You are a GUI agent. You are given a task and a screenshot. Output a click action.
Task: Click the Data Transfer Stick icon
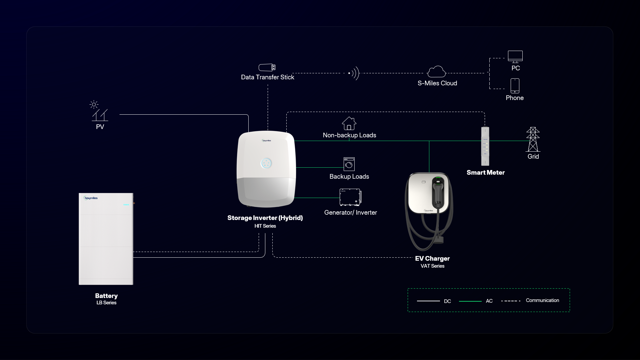(267, 68)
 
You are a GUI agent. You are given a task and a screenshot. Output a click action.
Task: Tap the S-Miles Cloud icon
(436, 72)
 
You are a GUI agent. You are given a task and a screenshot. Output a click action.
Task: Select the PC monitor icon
(515, 56)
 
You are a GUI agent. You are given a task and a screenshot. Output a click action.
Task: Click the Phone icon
(515, 86)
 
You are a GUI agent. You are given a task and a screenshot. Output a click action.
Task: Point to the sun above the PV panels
(94, 104)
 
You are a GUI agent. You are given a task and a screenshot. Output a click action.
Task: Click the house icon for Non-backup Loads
(349, 123)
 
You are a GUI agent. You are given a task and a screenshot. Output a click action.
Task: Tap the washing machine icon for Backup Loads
(349, 164)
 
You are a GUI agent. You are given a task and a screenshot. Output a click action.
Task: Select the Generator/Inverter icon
(350, 197)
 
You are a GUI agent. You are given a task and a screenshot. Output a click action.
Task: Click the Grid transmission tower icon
(533, 139)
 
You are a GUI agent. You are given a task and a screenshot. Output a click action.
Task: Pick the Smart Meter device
(485, 146)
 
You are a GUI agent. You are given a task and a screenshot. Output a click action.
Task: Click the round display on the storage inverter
(266, 163)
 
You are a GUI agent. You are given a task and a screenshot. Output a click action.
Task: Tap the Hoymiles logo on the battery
(91, 198)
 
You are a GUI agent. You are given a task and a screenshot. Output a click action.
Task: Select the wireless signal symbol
(354, 73)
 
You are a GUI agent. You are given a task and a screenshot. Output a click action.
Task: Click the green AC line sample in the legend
(470, 301)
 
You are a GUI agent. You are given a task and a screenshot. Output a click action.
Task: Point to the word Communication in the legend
(542, 300)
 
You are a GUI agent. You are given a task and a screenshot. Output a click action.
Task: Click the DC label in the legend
(447, 301)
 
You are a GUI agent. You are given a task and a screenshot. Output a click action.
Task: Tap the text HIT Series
(265, 226)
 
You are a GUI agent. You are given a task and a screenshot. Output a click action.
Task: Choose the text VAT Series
(432, 266)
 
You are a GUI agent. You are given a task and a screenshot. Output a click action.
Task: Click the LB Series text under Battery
(106, 303)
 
